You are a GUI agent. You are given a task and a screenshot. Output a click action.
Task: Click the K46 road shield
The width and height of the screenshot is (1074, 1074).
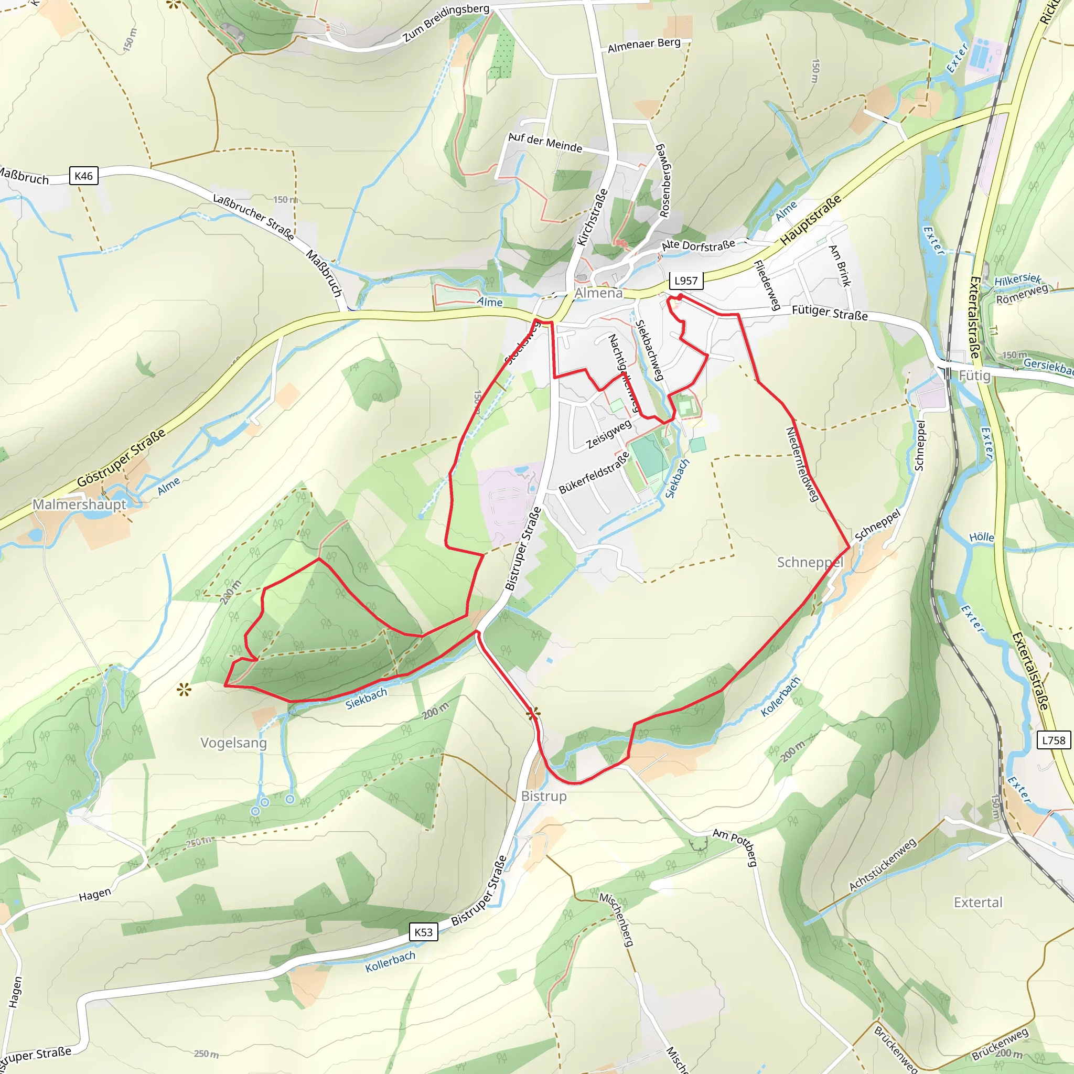click(83, 176)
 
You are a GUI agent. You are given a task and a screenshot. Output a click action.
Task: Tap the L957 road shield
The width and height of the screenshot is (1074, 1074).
click(685, 281)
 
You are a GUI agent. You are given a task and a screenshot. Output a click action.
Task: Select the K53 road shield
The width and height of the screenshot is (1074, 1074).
click(423, 932)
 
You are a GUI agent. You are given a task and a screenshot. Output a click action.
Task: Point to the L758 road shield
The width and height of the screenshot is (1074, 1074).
click(1054, 740)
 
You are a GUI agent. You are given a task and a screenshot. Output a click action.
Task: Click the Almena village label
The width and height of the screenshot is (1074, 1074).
click(599, 293)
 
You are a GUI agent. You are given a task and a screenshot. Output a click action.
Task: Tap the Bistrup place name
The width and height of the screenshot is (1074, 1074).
click(544, 797)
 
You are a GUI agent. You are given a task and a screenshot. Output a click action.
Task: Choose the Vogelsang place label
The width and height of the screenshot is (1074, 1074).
click(233, 743)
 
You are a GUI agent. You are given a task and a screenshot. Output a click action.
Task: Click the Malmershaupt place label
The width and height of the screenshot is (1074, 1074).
click(80, 504)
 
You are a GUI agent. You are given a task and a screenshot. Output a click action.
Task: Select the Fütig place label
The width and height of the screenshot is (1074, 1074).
click(974, 376)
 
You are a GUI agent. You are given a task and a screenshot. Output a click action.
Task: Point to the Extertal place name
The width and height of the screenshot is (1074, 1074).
click(978, 902)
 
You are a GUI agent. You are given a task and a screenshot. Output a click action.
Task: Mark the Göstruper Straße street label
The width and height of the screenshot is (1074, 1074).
click(121, 457)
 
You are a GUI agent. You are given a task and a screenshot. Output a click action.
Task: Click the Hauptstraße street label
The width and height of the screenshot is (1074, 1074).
click(811, 221)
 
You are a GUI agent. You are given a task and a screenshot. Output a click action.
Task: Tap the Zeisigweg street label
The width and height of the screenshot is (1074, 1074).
click(609, 434)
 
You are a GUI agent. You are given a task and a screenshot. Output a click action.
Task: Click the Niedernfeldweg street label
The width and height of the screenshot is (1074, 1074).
click(802, 464)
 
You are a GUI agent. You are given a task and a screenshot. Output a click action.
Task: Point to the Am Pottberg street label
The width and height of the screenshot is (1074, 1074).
click(735, 846)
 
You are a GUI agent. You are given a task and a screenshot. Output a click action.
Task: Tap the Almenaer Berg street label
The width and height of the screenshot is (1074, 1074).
click(644, 45)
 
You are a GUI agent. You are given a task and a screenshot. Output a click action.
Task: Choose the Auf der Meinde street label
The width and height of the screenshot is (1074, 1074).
click(545, 142)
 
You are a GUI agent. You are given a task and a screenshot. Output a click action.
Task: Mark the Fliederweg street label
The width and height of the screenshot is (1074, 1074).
click(767, 285)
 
